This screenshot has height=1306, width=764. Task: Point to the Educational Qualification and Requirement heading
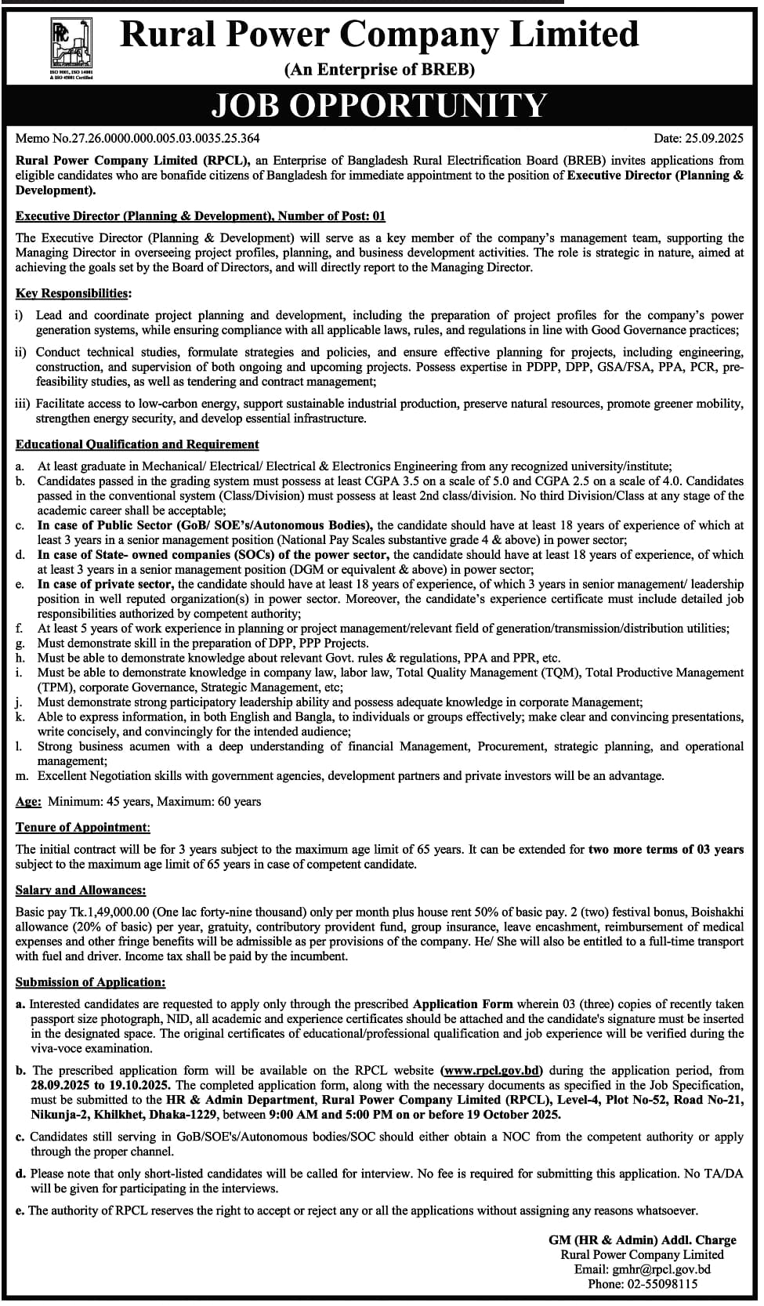[x=137, y=444]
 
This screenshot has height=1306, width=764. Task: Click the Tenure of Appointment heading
[x=82, y=828]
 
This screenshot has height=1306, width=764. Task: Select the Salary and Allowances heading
[x=81, y=891]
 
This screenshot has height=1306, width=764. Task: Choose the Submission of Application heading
[x=90, y=982]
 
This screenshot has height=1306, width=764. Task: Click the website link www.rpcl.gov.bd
[x=492, y=1071]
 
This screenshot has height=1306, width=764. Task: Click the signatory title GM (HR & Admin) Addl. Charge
[x=642, y=1240]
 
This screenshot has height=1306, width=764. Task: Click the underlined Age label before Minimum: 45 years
[x=28, y=802]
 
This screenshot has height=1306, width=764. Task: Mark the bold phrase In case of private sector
[x=104, y=585]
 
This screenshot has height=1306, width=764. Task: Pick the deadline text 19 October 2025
[x=511, y=1115]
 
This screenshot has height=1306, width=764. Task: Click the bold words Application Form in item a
[x=462, y=1004]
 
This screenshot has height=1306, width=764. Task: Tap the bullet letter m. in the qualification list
[x=22, y=776]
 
